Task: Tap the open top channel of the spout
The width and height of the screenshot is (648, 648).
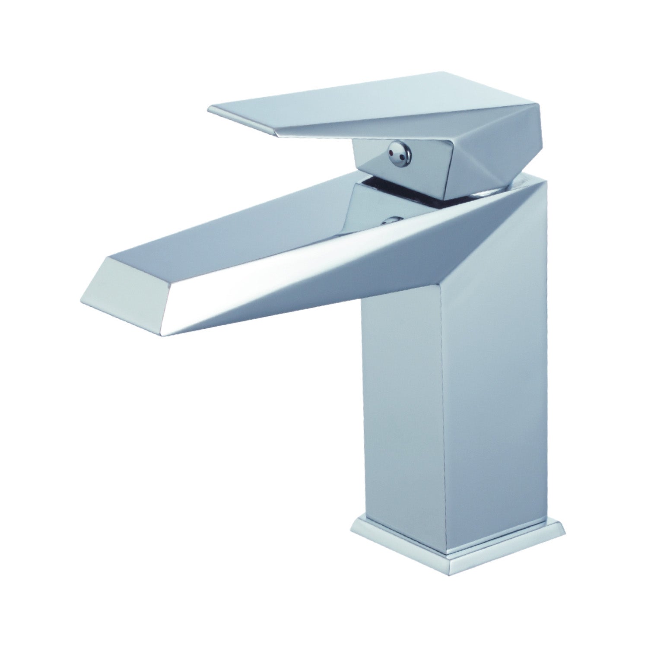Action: pyautogui.click(x=259, y=225)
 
